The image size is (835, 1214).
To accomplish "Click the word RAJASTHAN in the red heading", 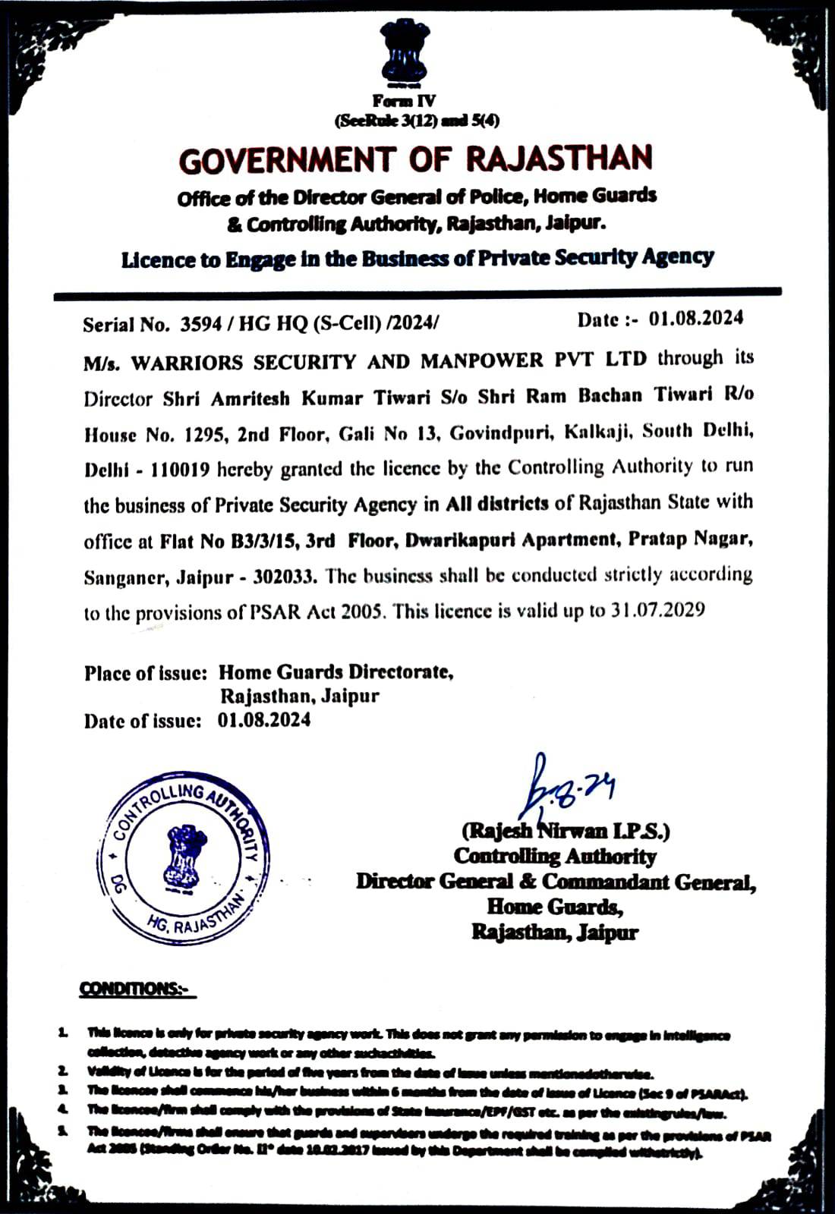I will coord(558,158).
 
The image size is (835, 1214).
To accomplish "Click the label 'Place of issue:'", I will coord(146,672).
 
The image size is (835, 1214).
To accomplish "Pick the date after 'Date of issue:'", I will coord(264,720).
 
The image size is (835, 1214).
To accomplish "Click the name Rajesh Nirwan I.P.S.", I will coord(566,831).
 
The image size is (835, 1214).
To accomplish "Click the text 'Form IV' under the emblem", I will coord(404,101).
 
